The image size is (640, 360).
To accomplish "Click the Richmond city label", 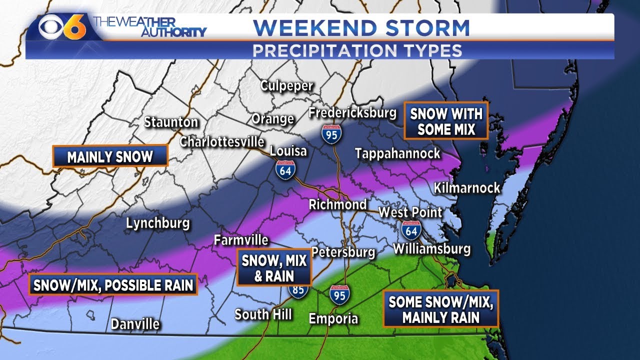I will coord(337,204).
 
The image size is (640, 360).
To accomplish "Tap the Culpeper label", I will coord(286,85).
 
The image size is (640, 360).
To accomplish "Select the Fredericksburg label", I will coord(352,112).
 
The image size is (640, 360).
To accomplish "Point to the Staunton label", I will coord(171,122).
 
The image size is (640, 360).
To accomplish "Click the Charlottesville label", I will coord(221,141).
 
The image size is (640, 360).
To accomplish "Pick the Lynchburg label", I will coord(157,223).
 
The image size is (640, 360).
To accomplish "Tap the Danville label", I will coord(135,324).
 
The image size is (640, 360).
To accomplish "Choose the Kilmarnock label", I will coord(466,188).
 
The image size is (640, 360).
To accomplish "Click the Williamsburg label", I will coord(431,248).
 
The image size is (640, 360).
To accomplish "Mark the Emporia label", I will coord(333,318).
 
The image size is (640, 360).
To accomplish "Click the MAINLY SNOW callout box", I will coord(110,156).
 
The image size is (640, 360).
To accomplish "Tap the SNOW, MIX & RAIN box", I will coord(274,267).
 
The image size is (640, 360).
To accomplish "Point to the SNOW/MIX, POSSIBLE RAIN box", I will coord(113,285).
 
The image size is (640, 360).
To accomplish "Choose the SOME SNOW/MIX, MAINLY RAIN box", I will coord(440,309).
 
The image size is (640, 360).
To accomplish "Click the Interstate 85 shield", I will coord(298,290).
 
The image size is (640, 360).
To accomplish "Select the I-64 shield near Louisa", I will coord(284,170).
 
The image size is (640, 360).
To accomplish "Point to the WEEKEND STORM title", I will coord(361,28).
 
